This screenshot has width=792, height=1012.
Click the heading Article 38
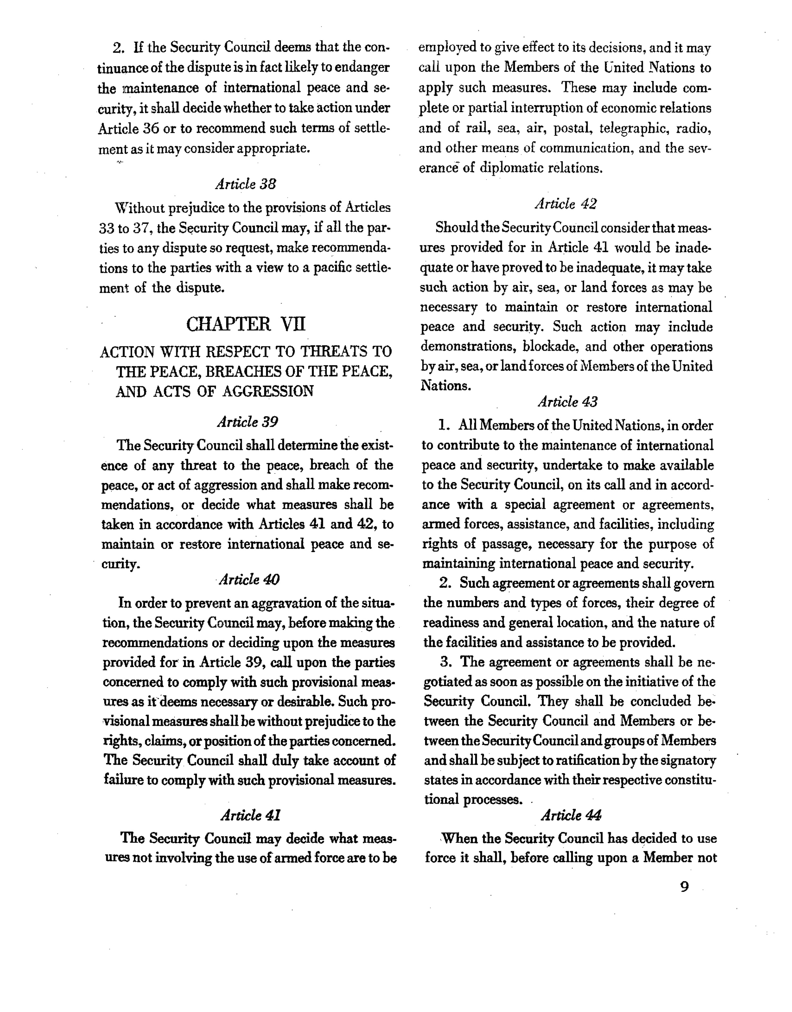tap(246, 184)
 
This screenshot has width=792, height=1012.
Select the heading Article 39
tap(248, 422)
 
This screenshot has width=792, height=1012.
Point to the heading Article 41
tap(251, 815)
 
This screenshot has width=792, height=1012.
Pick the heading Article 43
tap(568, 402)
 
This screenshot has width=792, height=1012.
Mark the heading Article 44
tap(571, 815)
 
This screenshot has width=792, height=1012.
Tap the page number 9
tap(684, 887)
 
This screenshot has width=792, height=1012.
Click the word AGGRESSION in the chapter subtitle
tap(268, 392)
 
